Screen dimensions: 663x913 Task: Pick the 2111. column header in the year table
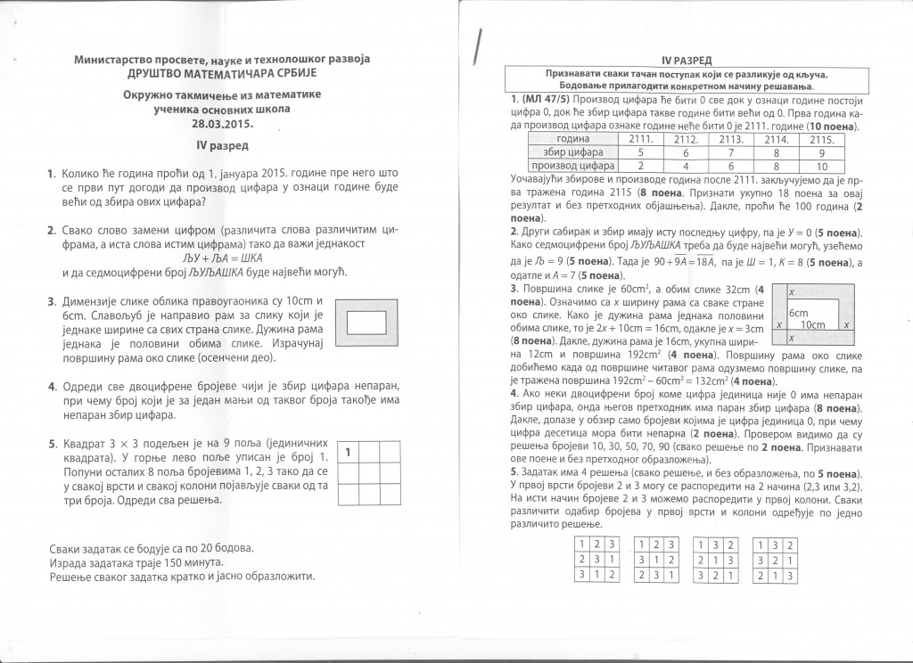(643, 139)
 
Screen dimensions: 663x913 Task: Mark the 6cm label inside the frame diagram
(798, 314)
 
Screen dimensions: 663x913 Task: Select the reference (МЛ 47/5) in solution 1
(542, 97)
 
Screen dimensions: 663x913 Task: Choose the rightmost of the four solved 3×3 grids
(776, 559)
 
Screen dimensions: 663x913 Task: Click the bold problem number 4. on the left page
(53, 386)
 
